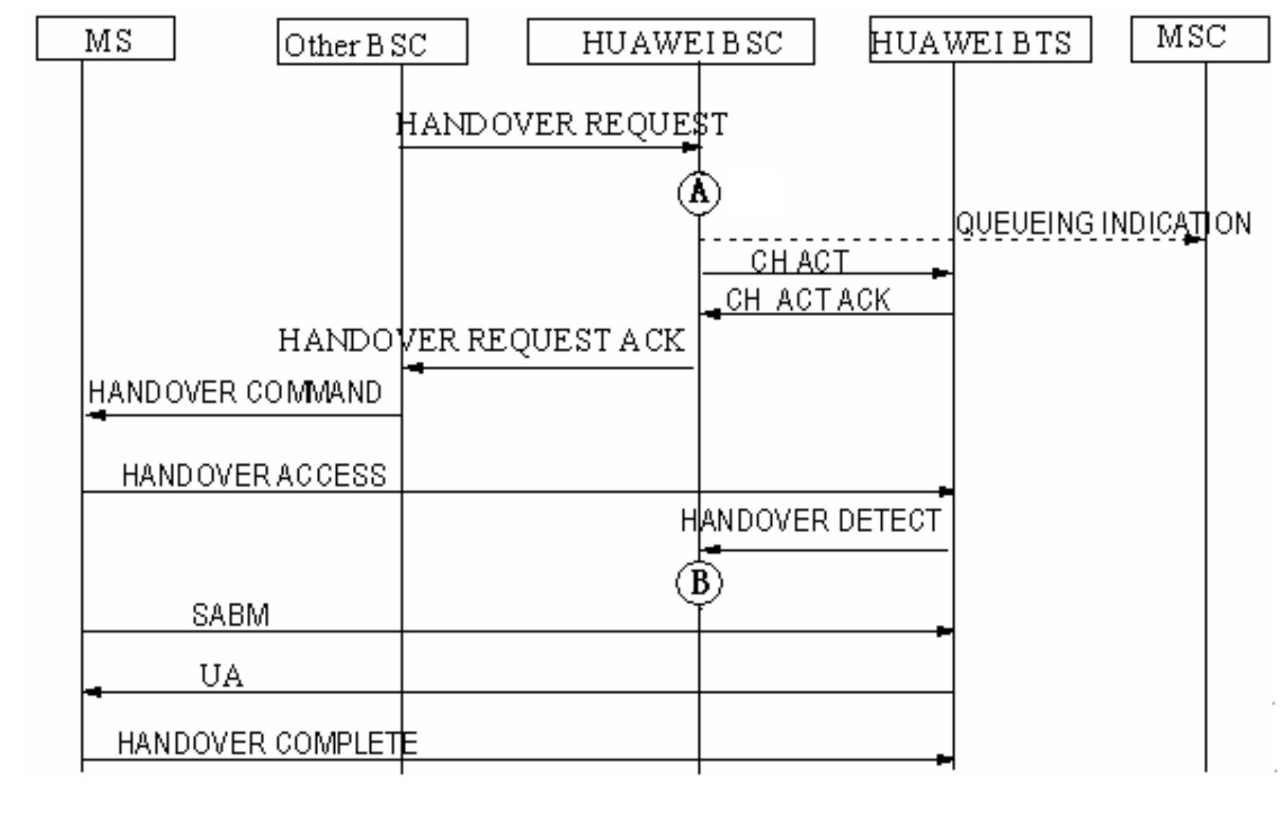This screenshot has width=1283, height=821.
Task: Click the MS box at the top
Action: [105, 39]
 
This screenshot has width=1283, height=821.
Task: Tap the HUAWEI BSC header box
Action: [670, 42]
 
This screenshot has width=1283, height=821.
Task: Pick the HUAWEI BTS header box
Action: [980, 41]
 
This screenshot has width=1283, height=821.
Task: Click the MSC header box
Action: [1199, 38]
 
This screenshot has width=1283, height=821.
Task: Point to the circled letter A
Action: [699, 192]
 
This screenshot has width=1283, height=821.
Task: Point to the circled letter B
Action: [699, 582]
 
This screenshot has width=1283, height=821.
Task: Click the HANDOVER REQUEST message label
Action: [562, 125]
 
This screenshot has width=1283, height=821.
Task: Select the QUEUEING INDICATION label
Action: [1103, 223]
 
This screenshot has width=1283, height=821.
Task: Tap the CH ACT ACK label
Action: [808, 300]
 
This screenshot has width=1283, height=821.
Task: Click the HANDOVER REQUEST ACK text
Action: [481, 341]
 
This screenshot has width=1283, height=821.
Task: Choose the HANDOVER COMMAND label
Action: [235, 392]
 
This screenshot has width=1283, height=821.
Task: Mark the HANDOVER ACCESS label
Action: [254, 475]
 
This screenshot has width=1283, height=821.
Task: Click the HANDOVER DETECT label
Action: [811, 521]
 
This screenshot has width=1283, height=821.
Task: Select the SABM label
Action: [230, 615]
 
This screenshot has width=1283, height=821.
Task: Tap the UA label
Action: [221, 676]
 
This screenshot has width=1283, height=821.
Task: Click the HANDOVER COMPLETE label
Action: [267, 743]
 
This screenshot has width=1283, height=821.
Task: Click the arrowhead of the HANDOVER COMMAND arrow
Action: [96, 416]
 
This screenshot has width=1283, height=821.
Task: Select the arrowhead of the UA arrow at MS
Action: [93, 692]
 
